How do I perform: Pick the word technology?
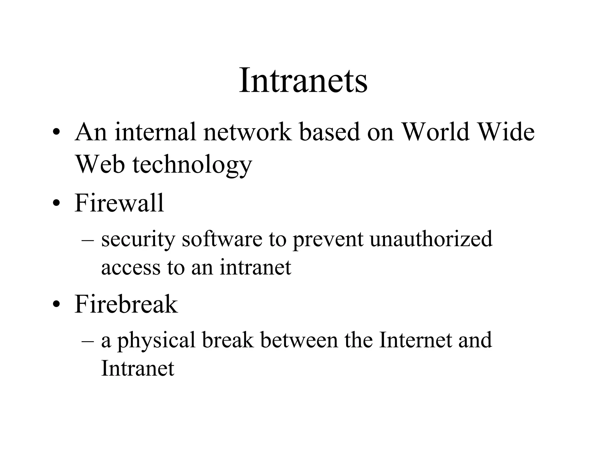click(x=192, y=165)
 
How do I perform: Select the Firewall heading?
click(x=119, y=203)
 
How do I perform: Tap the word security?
click(x=138, y=239)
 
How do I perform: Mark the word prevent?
click(x=328, y=239)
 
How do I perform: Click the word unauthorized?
click(x=431, y=239)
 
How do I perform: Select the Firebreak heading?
click(x=126, y=304)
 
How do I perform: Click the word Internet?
click(x=415, y=340)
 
